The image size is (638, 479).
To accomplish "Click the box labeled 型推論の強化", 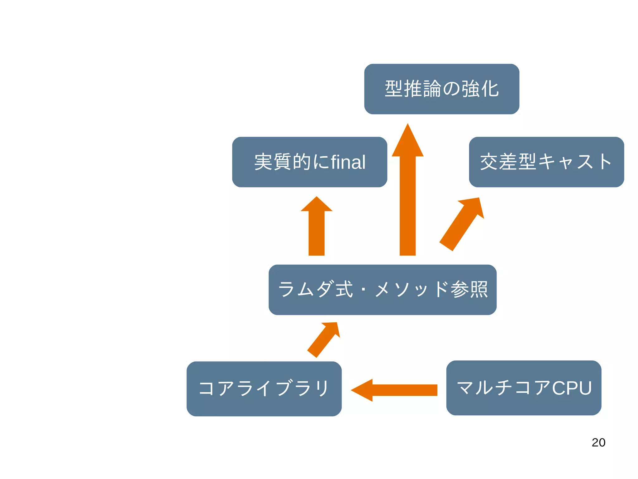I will tap(441, 89).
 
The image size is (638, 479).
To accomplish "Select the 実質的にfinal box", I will tap(309, 162).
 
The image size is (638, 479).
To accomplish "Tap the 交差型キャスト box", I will tap(546, 162).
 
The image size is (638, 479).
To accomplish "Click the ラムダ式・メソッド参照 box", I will tap(382, 290).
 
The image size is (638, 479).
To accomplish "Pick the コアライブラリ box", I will tap(264, 389).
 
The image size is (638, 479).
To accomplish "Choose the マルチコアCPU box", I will tap(524, 388).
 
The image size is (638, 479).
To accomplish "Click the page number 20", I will tap(598, 442).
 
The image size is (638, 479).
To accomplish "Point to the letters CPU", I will tap(572, 388).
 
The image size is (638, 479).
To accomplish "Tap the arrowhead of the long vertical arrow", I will tap(407, 142).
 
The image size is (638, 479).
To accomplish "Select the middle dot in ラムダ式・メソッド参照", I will tap(363, 290).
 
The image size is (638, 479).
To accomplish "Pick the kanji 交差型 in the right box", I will tap(508, 162).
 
